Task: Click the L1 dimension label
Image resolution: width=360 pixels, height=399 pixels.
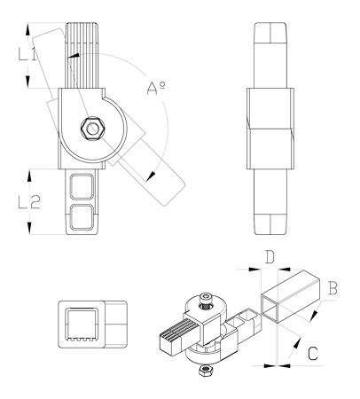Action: click(x=27, y=54)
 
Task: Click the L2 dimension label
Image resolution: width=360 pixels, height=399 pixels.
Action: click(x=29, y=202)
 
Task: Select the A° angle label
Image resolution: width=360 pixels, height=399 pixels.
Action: click(x=156, y=88)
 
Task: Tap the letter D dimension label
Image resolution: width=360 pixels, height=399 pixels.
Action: click(x=270, y=256)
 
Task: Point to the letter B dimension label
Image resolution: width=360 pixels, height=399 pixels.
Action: click(x=333, y=288)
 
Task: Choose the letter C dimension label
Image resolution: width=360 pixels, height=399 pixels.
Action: click(x=313, y=354)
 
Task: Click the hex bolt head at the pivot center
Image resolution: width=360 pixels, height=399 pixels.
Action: click(x=92, y=129)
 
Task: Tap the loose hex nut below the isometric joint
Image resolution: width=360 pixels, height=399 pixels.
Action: click(x=205, y=370)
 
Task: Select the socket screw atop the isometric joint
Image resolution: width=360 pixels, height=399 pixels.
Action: click(x=206, y=299)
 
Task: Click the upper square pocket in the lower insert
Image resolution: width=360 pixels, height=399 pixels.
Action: click(x=82, y=187)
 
